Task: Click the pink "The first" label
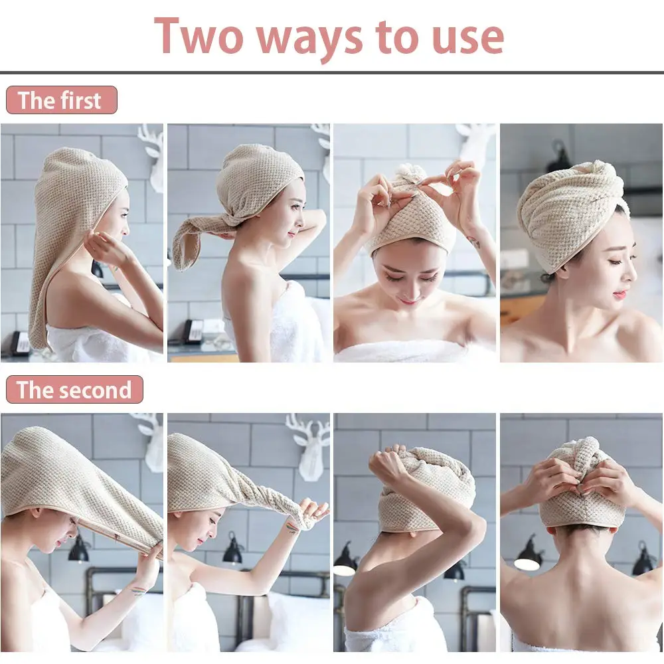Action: coord(61,100)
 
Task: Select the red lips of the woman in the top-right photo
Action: coord(620,293)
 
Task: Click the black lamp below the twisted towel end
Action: coord(233,550)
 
